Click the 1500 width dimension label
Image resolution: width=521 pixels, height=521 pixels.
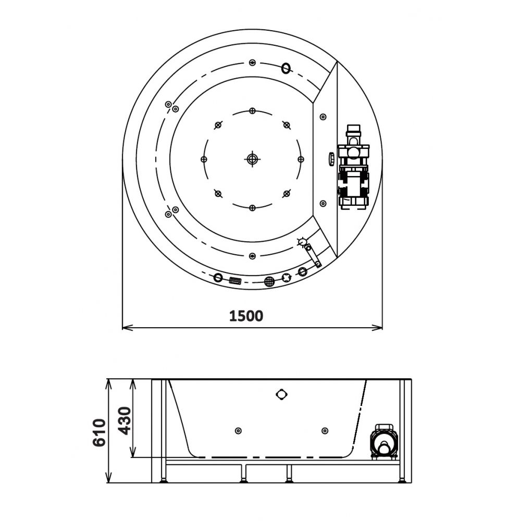246,316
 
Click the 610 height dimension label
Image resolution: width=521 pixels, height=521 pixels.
100,432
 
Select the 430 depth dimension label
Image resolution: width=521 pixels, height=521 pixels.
125,420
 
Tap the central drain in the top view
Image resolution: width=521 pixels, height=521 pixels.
252,159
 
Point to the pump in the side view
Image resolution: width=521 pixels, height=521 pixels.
384,442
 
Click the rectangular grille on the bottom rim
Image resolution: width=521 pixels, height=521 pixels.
235,281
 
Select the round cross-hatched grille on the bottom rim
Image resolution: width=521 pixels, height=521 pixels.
269,281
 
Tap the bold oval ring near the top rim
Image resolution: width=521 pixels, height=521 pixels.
286,68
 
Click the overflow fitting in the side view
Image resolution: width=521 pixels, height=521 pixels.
281,394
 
